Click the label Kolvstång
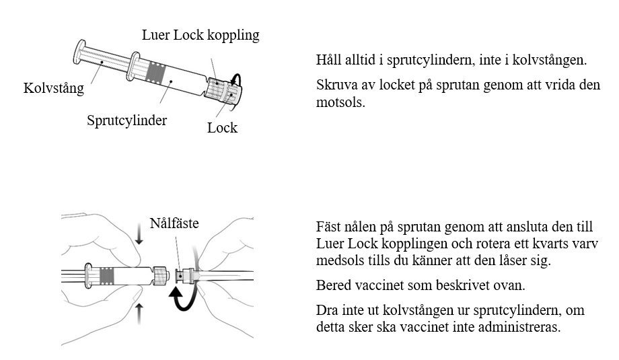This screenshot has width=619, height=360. (54, 88)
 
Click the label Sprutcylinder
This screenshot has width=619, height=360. (126, 120)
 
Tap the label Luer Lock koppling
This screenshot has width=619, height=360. (201, 35)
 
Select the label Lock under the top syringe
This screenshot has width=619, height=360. (222, 128)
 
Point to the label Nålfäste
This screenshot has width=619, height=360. (174, 223)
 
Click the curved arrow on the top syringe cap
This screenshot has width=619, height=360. (237, 78)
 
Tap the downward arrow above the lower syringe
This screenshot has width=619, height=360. (139, 234)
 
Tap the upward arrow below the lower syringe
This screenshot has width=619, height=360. (139, 314)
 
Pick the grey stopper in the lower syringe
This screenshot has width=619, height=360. (107, 276)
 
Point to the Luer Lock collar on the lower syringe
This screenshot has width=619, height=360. (161, 275)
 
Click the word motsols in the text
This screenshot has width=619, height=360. (340, 103)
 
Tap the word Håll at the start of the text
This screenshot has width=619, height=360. (328, 60)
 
